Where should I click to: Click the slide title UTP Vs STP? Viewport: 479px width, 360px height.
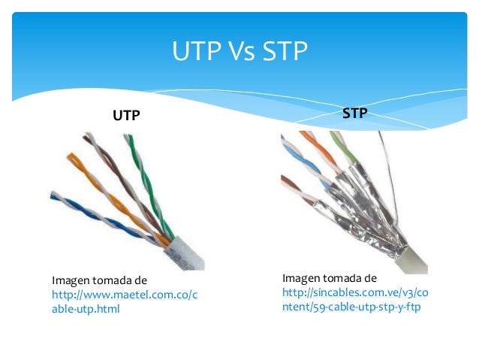(239, 52)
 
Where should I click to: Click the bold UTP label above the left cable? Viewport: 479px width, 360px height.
(126, 116)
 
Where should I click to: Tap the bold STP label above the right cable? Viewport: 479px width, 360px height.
(354, 113)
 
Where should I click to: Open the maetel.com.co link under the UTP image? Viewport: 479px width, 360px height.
(125, 295)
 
